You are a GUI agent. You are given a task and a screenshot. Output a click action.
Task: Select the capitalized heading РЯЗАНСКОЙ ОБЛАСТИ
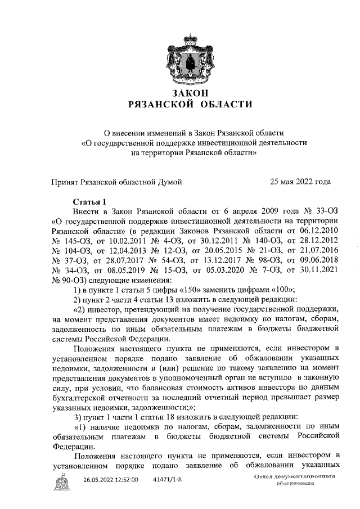(x=182, y=104)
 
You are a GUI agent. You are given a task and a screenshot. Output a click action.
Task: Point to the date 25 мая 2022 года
(x=300, y=181)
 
